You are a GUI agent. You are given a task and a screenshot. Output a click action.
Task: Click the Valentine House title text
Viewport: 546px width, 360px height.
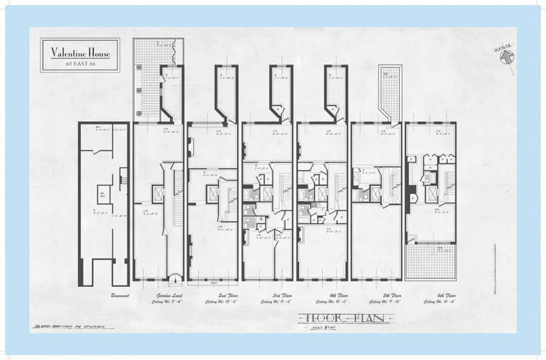click(80, 52)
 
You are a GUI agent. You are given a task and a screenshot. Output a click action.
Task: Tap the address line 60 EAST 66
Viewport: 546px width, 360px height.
click(80, 63)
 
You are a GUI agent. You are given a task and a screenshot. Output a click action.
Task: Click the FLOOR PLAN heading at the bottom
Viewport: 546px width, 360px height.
click(342, 318)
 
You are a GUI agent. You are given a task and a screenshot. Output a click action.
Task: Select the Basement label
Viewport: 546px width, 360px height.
click(120, 296)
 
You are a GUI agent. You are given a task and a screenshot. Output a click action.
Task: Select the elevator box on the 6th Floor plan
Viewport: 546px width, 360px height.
click(432, 194)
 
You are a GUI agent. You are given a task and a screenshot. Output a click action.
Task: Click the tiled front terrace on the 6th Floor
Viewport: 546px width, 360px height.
click(431, 262)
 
